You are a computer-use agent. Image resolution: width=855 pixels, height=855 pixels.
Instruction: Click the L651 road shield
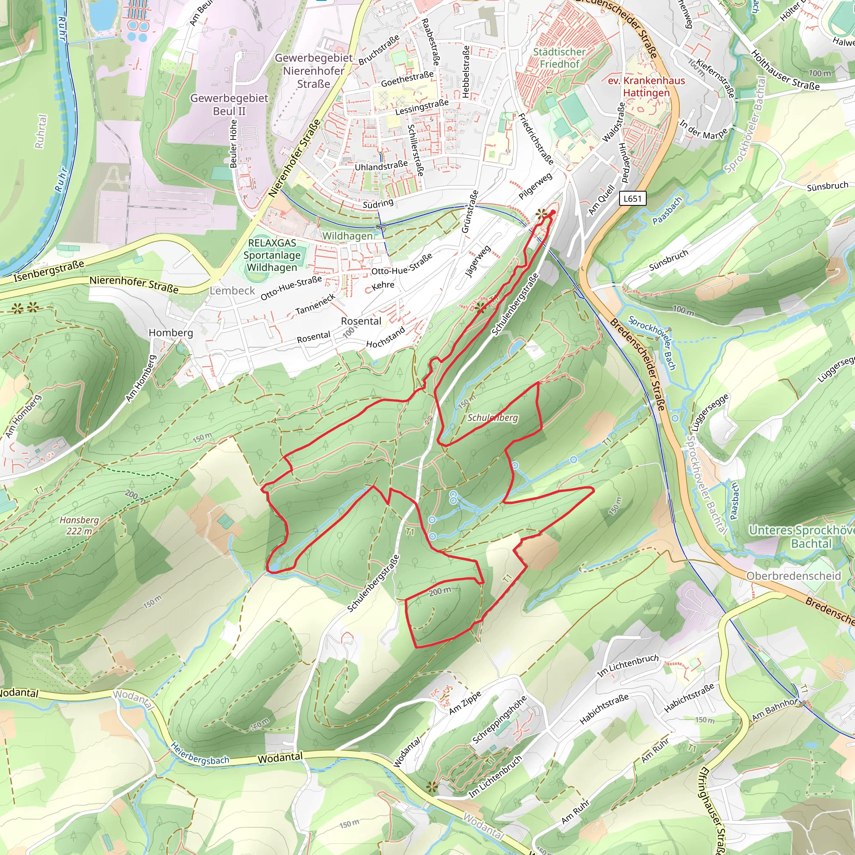coord(632,198)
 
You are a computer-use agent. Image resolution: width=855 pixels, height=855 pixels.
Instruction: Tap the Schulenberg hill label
coord(493,417)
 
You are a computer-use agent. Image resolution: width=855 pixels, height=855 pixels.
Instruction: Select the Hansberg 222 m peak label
coord(79,525)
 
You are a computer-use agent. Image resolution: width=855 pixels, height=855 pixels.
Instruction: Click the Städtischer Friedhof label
coord(559,58)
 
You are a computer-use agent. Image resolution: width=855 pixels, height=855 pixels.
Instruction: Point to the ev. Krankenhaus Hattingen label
coord(646,87)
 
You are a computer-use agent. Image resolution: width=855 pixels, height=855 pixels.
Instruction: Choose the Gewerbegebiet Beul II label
coord(229,104)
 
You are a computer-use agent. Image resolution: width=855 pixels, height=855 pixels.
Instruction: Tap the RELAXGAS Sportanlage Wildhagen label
coord(272,255)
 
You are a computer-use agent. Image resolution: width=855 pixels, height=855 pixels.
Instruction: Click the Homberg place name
coord(171,332)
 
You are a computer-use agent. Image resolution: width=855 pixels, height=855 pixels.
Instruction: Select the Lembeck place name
coord(233,291)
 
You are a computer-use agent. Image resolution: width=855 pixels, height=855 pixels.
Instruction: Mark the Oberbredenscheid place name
coord(794,576)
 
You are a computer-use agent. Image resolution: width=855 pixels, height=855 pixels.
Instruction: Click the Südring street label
coord(378,204)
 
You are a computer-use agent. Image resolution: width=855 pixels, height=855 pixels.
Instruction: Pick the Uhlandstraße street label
coord(381,166)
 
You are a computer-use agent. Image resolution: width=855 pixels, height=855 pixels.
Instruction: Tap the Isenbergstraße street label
coord(49,271)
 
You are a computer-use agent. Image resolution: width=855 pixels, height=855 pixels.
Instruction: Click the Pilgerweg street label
coord(536,185)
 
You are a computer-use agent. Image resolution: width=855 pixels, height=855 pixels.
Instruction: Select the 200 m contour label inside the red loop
coord(440,591)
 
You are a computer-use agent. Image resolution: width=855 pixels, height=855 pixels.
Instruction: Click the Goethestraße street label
coord(407,79)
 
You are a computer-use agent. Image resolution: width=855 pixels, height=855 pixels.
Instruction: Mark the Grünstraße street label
coord(470,212)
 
